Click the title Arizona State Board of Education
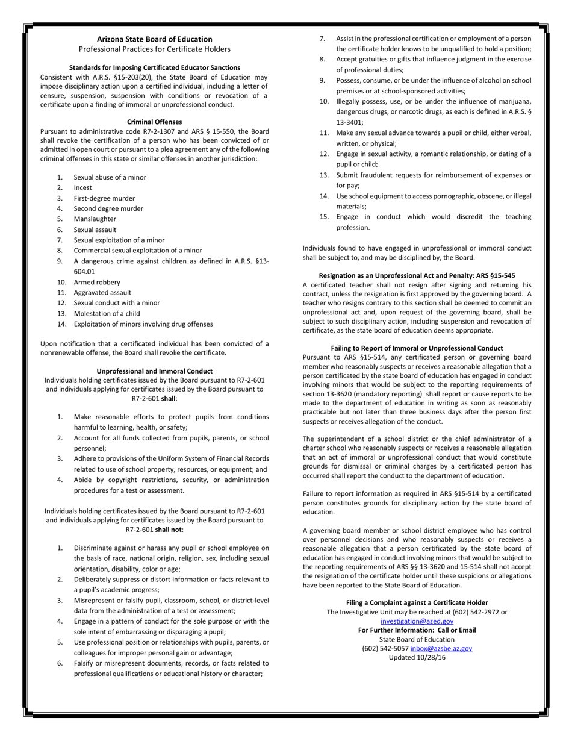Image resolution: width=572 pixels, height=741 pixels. coord(154,39)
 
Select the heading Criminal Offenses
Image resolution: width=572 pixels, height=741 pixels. coord(154,122)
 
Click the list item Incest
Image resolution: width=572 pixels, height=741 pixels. coord(83,187)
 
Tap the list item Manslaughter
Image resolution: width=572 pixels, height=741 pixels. coord(95,219)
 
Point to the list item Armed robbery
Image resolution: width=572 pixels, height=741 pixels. coord(97,282)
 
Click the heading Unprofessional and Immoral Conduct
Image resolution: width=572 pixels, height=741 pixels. coord(154,370)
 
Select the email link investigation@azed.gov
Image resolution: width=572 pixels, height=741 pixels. coord(417,621)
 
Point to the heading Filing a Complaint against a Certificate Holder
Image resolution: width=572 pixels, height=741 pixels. coord(417,602)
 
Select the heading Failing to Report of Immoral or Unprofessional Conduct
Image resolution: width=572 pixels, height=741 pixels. coord(417,348)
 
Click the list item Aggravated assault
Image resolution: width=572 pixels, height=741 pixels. coord(102,292)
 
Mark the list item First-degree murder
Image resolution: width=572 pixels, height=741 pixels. coord(104,198)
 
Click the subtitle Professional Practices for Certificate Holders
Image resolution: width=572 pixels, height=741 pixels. coord(154,48)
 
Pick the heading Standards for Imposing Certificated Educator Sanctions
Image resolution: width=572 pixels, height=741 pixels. coord(154,67)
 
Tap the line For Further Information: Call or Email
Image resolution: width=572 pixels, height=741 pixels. coord(417,630)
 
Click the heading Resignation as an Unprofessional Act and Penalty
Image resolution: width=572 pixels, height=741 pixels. coord(417,275)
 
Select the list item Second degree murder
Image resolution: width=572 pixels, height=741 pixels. coord(108,208)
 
